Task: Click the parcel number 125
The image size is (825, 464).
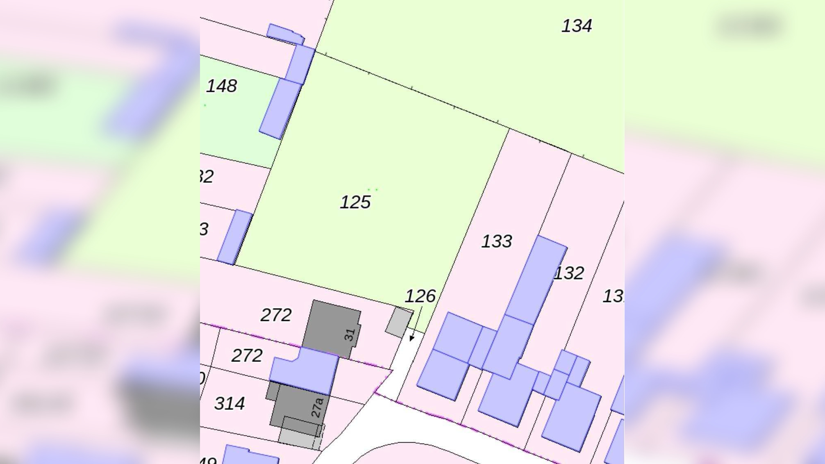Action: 355,202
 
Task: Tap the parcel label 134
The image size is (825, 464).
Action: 576,26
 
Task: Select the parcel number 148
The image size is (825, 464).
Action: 221,86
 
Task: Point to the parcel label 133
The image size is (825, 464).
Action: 496,241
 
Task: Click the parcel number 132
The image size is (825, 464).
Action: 569,273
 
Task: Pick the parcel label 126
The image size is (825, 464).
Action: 420,296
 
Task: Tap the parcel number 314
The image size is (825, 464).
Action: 230,404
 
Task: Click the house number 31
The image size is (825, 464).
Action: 350,335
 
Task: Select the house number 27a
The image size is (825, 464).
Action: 317,407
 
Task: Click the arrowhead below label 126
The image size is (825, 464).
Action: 412,338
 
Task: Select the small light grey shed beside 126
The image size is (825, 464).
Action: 399,322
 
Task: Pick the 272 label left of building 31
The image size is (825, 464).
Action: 276,315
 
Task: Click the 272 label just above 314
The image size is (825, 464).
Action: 247,355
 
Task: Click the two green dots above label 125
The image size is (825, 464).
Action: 373,190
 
